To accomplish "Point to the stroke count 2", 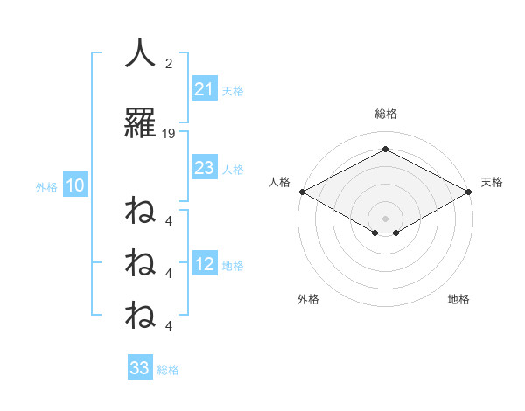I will tap(169, 65).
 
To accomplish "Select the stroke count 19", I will tap(169, 134).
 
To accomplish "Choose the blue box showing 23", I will tap(205, 168).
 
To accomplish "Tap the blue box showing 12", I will tap(205, 264).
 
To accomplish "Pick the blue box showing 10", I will tap(74, 185).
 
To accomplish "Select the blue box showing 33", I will tap(140, 368).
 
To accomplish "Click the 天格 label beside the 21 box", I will tap(233, 90).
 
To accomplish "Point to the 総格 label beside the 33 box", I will tap(168, 370).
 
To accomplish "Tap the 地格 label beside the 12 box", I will tap(233, 266).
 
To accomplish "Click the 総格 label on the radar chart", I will tap(385, 114).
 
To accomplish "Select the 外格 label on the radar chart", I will tap(308, 299).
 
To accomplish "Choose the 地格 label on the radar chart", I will tap(458, 299).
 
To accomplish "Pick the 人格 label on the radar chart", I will tap(280, 182).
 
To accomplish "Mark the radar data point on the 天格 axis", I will tap(469, 191).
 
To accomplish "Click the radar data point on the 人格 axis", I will tap(302, 191).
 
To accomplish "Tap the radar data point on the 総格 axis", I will tap(385, 150).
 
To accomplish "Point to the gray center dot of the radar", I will tap(385, 217).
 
